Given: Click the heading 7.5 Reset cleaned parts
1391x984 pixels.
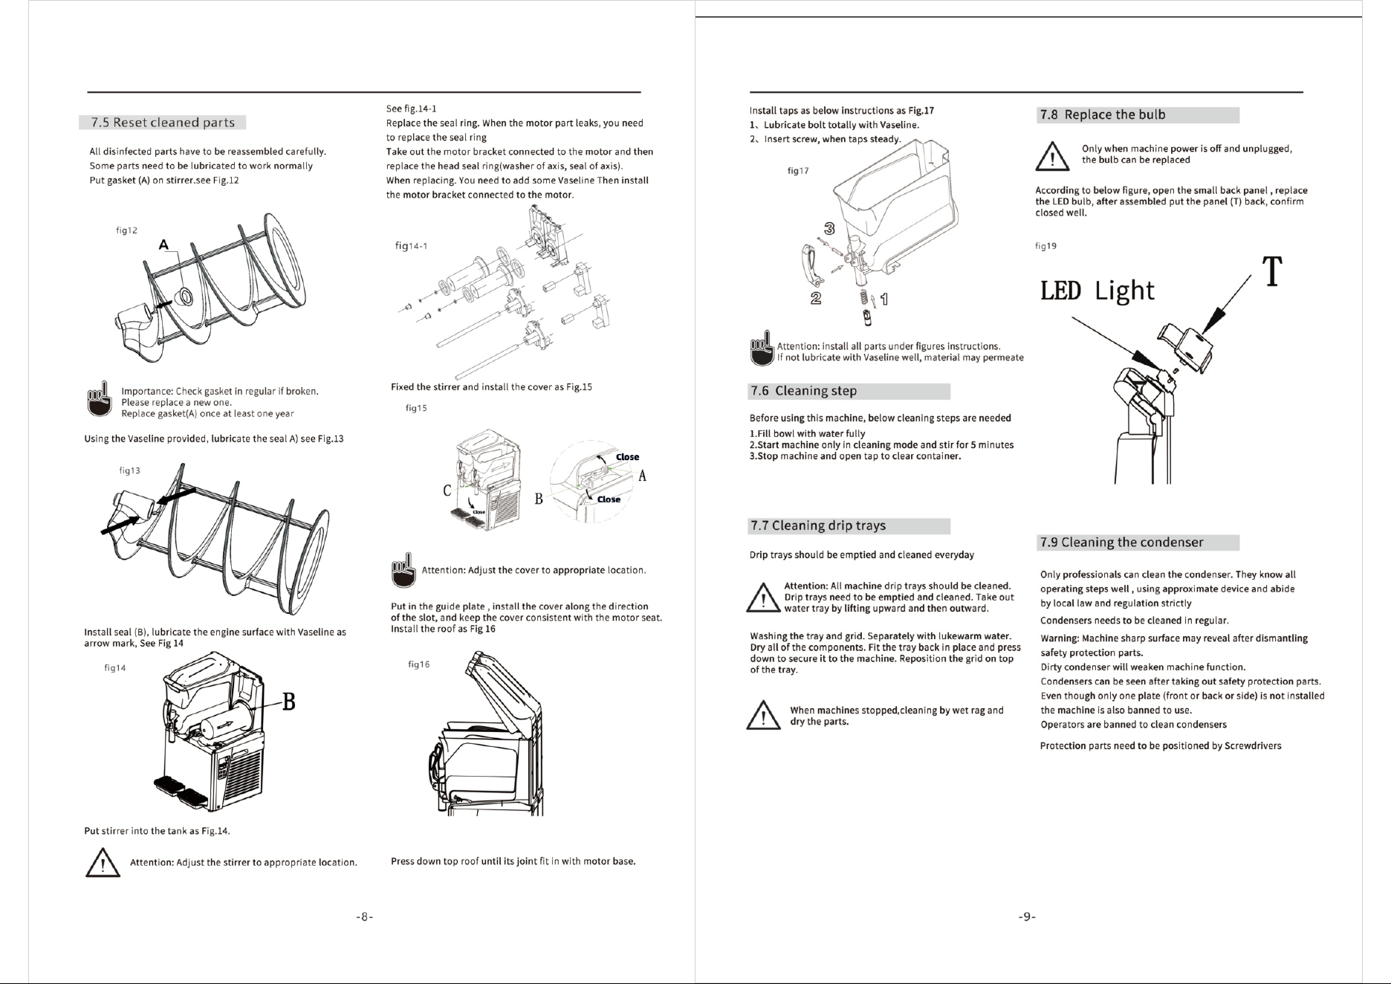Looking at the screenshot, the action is (x=163, y=123).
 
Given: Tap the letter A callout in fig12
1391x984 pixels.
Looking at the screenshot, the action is (x=163, y=245).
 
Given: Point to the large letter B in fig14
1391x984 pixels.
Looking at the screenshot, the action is (x=288, y=702).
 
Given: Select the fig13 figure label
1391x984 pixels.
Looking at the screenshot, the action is (x=130, y=470).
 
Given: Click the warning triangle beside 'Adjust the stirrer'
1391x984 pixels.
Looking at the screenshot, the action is (x=103, y=864).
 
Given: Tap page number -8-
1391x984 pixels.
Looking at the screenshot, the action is (x=364, y=917).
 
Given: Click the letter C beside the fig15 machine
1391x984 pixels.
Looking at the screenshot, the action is (x=447, y=491).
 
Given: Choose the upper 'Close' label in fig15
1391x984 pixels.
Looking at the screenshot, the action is (x=627, y=457).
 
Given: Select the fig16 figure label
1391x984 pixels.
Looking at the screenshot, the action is (x=419, y=664).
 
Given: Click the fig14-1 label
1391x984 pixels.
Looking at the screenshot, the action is (x=411, y=246).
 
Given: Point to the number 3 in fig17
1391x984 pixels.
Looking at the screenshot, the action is (x=830, y=227).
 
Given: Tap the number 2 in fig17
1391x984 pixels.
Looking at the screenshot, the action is (x=815, y=299).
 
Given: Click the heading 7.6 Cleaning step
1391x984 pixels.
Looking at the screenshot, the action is (x=803, y=391).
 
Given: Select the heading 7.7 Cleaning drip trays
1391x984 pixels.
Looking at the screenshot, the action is (x=818, y=526).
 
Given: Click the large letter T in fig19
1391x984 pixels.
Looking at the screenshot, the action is (x=1273, y=271).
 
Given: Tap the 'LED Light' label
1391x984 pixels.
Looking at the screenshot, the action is (x=1097, y=291).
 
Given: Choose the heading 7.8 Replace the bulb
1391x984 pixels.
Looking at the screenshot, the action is (x=1103, y=114).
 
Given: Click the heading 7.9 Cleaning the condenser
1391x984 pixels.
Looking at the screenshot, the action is (x=1122, y=543).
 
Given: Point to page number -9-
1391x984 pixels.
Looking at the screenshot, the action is (x=1026, y=917).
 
